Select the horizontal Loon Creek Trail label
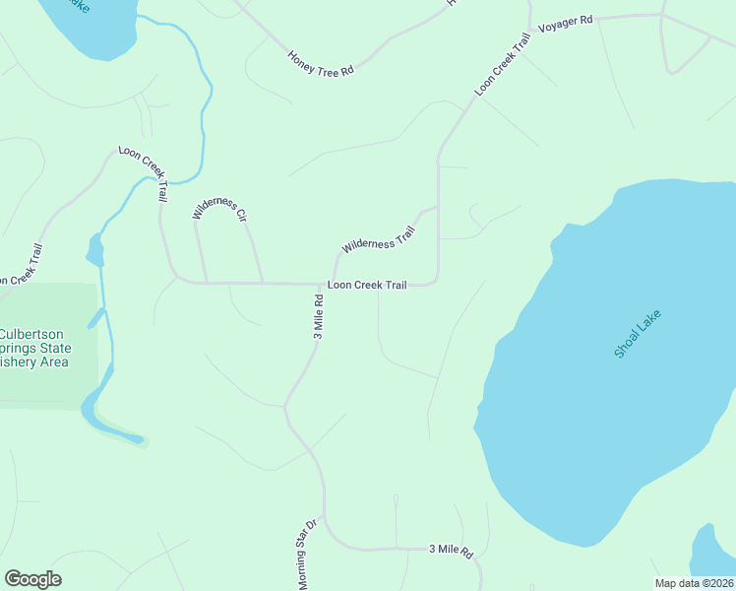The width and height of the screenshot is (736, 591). click(x=366, y=285)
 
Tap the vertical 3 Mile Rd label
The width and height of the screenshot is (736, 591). click(x=318, y=316)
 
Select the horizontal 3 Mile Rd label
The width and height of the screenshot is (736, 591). click(x=451, y=549)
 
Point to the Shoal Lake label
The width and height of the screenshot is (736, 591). click(x=638, y=334)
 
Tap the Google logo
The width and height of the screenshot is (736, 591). click(x=32, y=579)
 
